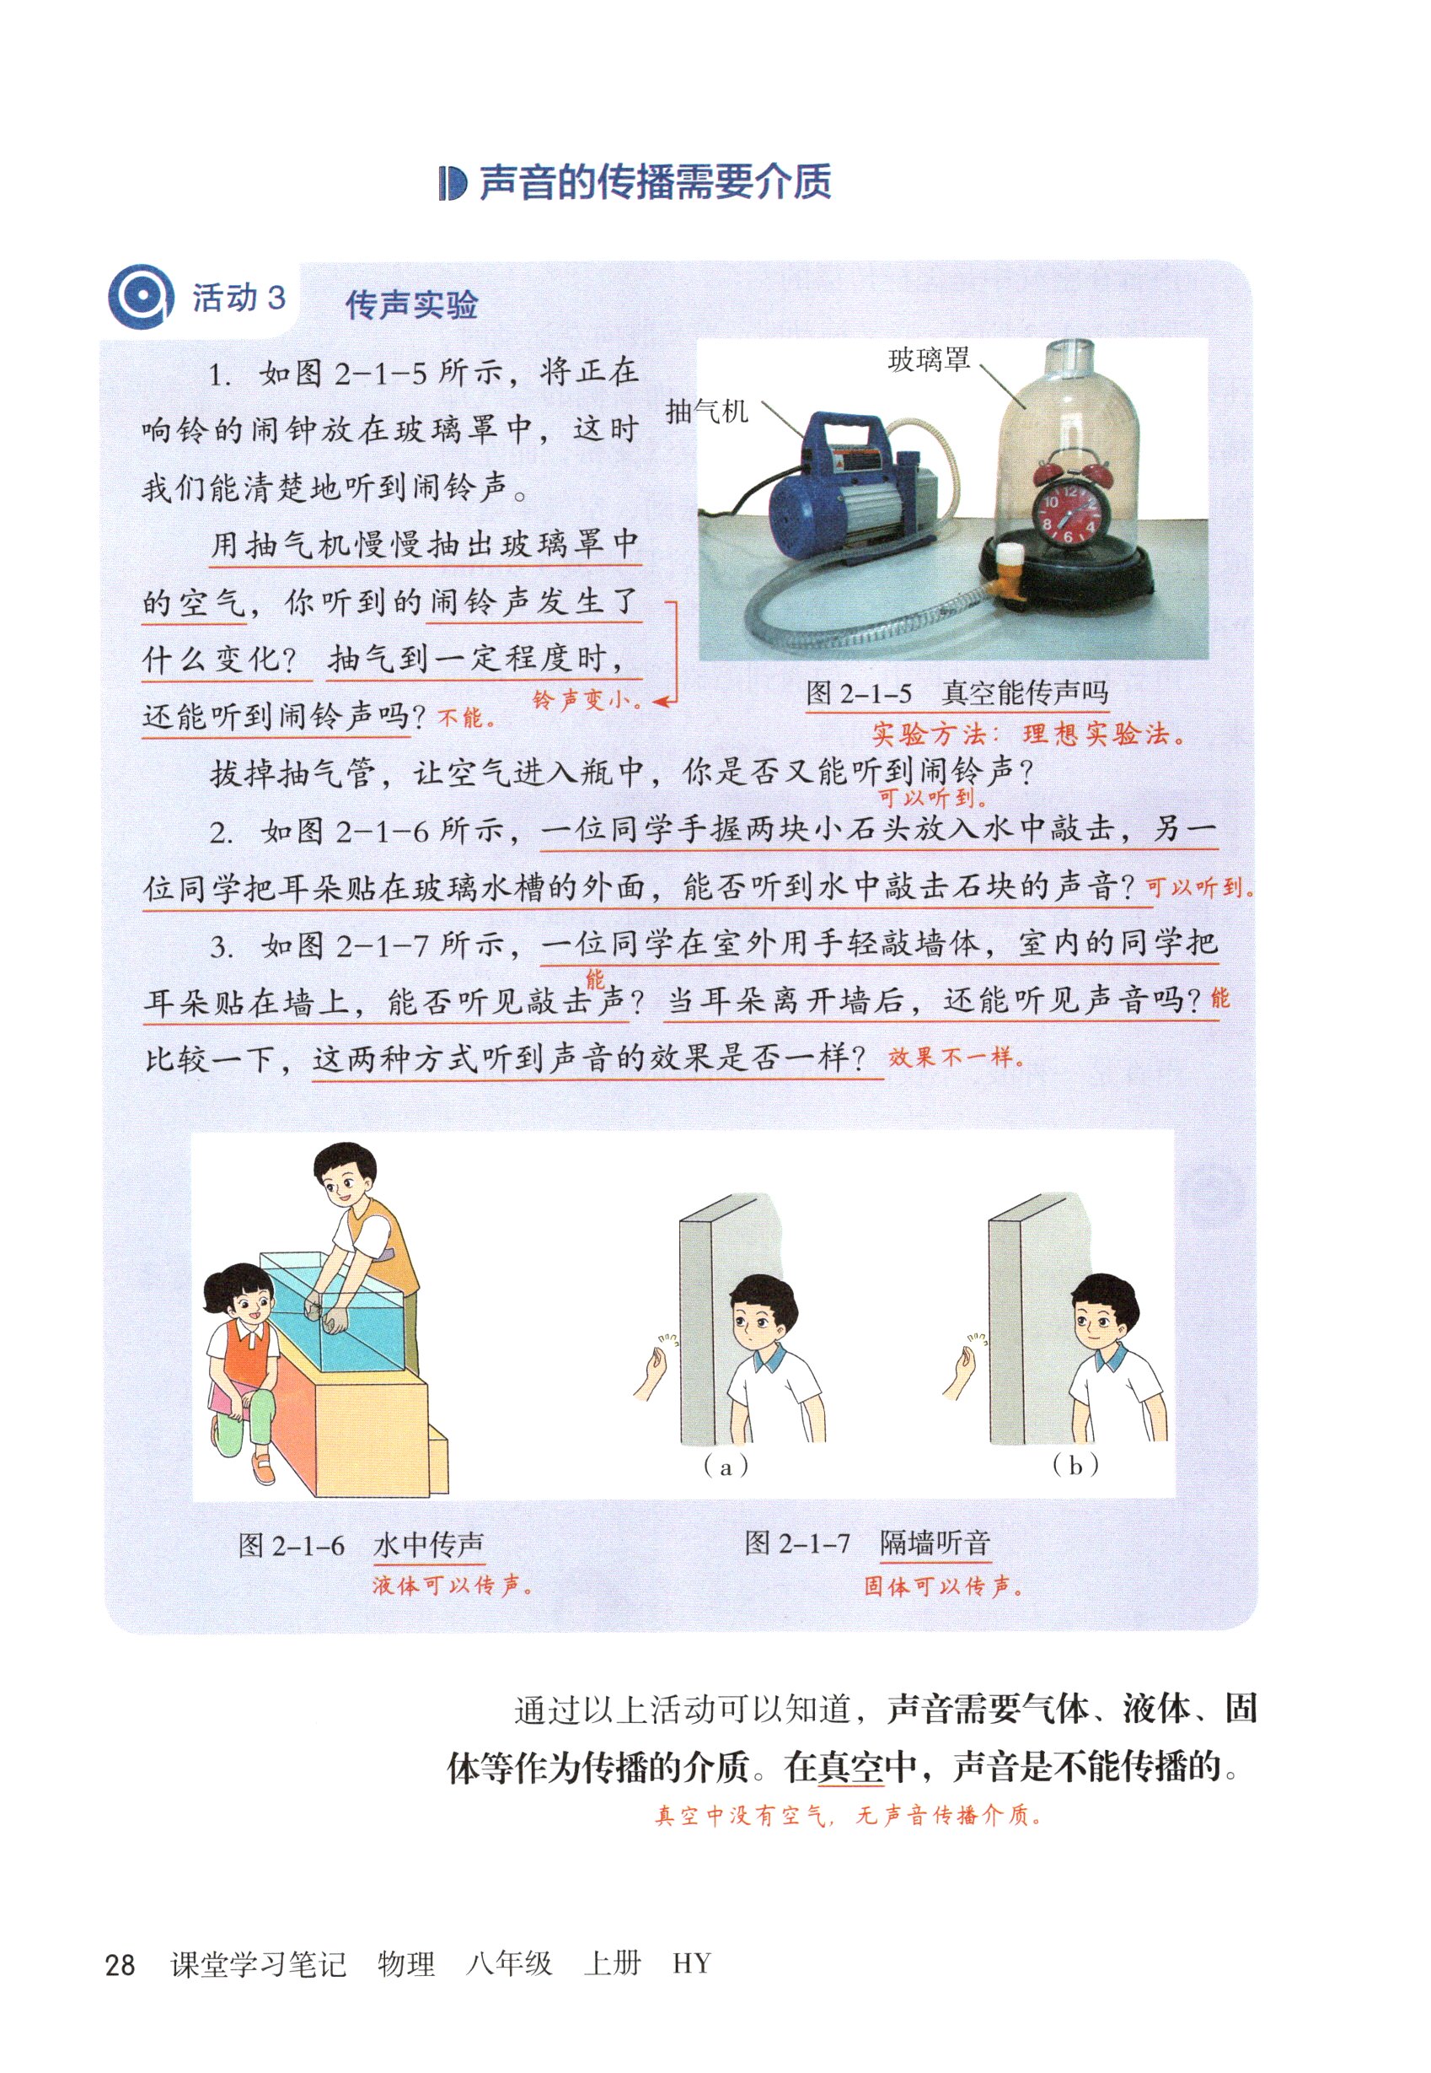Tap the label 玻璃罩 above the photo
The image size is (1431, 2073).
coord(929,362)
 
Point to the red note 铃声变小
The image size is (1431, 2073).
coord(587,700)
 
